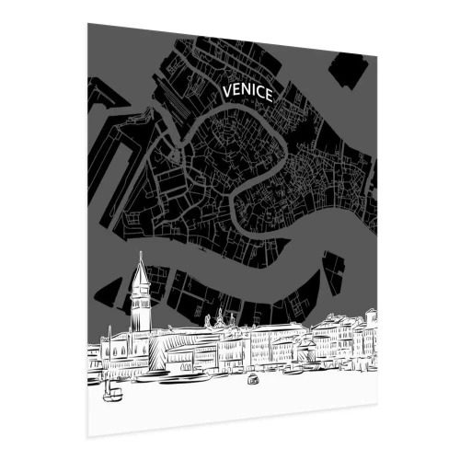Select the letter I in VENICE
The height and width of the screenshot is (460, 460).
coord(255,92)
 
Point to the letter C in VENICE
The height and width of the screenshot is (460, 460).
coord(261,93)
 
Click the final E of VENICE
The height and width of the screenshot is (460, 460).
coord(270,95)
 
